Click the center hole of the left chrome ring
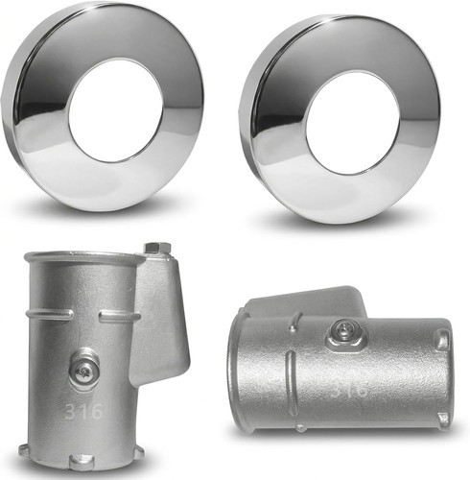(116, 110)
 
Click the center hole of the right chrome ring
(353, 123)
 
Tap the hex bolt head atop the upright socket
(157, 249)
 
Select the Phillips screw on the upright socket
(83, 371)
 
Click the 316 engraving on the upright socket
(84, 412)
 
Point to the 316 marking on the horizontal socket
(349, 390)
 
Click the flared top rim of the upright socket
(84, 258)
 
